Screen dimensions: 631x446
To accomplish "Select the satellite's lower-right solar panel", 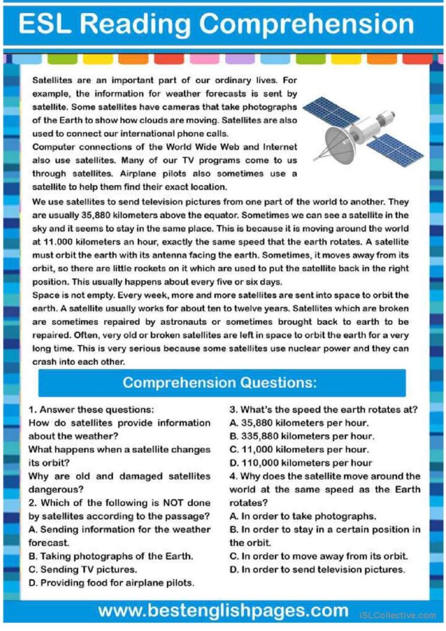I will (402, 148).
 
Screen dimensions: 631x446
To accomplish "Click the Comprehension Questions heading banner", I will (222, 382).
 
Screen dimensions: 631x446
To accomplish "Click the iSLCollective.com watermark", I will (398, 615).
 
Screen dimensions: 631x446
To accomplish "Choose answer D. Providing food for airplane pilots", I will (111, 582).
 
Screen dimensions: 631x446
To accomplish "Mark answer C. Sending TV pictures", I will (83, 569).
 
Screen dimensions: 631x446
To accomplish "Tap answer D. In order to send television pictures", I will (317, 569).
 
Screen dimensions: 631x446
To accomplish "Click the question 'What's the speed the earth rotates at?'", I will (324, 409).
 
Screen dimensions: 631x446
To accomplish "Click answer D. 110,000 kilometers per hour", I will (300, 463).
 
